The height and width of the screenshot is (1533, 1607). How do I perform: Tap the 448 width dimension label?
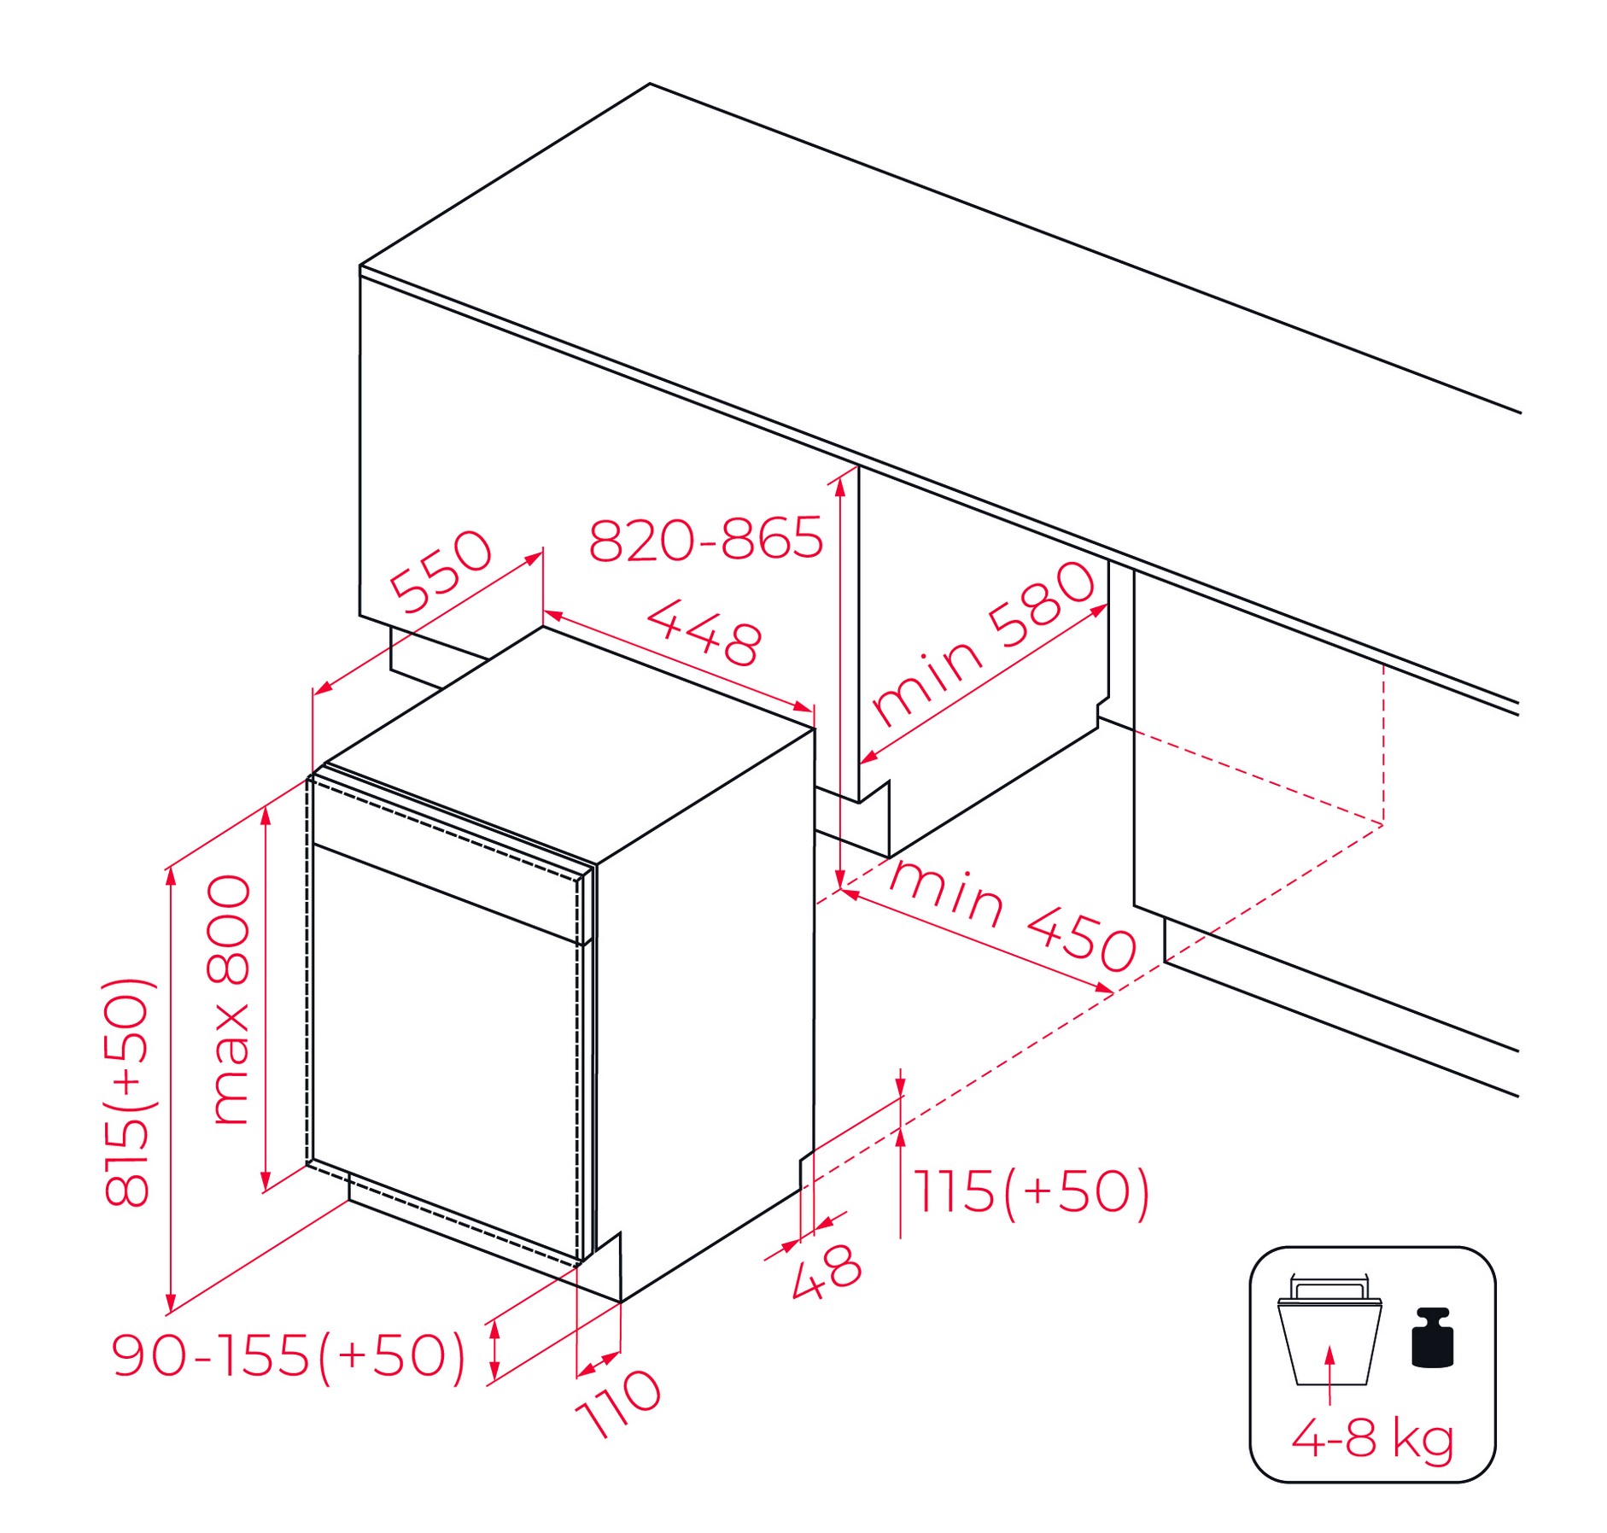tap(704, 633)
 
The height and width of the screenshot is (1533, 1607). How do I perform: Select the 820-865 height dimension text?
tap(705, 539)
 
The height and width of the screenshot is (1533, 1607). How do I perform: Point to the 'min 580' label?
tap(983, 644)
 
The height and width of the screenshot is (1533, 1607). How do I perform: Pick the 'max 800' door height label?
tap(230, 999)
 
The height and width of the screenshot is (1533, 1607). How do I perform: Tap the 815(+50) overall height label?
tap(128, 1092)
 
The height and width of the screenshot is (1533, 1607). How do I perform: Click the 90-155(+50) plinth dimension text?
tap(289, 1355)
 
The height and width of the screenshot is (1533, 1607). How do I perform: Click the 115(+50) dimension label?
tap(1032, 1192)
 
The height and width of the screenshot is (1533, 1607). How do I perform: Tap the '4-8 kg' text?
tap(1372, 1438)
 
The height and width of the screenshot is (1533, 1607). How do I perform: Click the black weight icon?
tap(1432, 1337)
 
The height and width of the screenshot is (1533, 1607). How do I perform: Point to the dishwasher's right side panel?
tap(704, 1016)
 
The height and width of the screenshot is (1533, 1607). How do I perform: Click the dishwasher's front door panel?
tap(444, 1050)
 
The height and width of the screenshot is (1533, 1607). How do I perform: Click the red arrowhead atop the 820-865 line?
tap(840, 486)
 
